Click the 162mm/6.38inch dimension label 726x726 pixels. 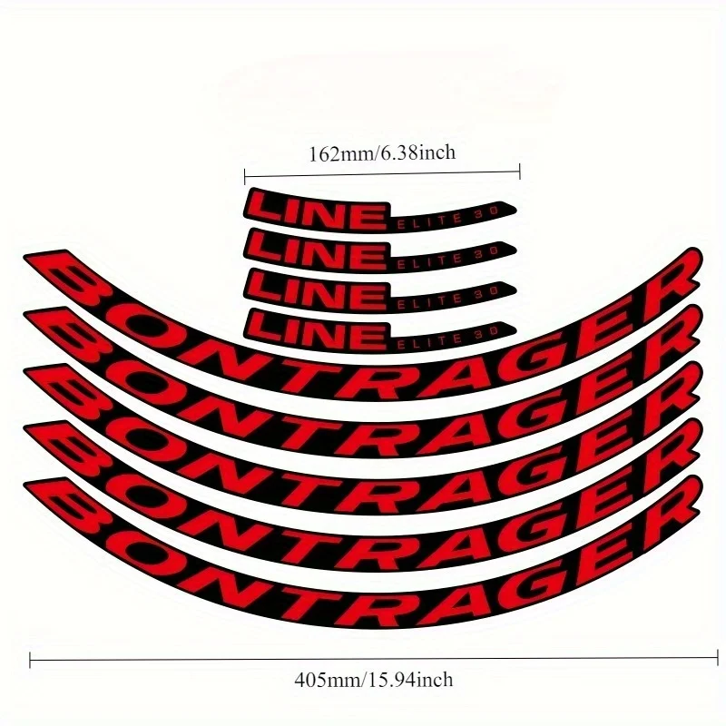[382, 152]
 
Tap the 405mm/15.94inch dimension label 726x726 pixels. [374, 680]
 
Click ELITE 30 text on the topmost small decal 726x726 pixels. [447, 217]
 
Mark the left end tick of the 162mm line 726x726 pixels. [245, 176]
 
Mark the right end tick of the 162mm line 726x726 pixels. [520, 172]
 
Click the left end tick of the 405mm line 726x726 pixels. [30, 660]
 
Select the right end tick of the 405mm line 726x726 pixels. [718, 657]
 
